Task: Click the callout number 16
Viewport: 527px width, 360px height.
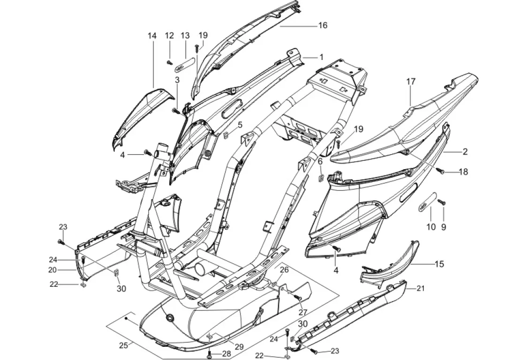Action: [323, 25]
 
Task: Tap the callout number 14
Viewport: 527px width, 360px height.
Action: [151, 36]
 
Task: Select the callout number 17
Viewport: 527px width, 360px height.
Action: [411, 82]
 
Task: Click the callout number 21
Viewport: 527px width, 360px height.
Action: [420, 288]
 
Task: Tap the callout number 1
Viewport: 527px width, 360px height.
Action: [321, 57]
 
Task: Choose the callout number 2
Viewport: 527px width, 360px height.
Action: [465, 151]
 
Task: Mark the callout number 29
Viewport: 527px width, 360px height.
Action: [239, 346]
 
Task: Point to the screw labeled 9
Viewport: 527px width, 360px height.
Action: [441, 202]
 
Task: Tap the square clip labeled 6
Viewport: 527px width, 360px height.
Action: [321, 177]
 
